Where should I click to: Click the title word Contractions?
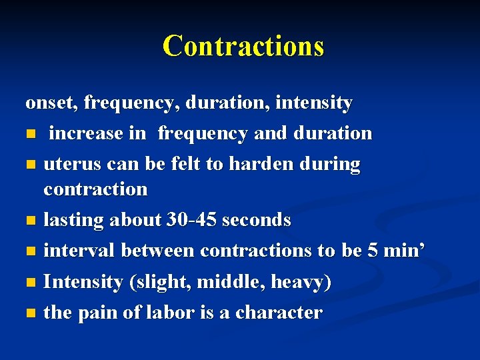(243, 46)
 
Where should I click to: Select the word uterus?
(70, 164)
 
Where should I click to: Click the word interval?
(78, 251)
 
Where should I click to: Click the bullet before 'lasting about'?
(30, 221)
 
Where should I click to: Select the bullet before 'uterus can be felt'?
(30, 165)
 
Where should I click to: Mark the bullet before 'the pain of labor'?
(30, 313)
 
